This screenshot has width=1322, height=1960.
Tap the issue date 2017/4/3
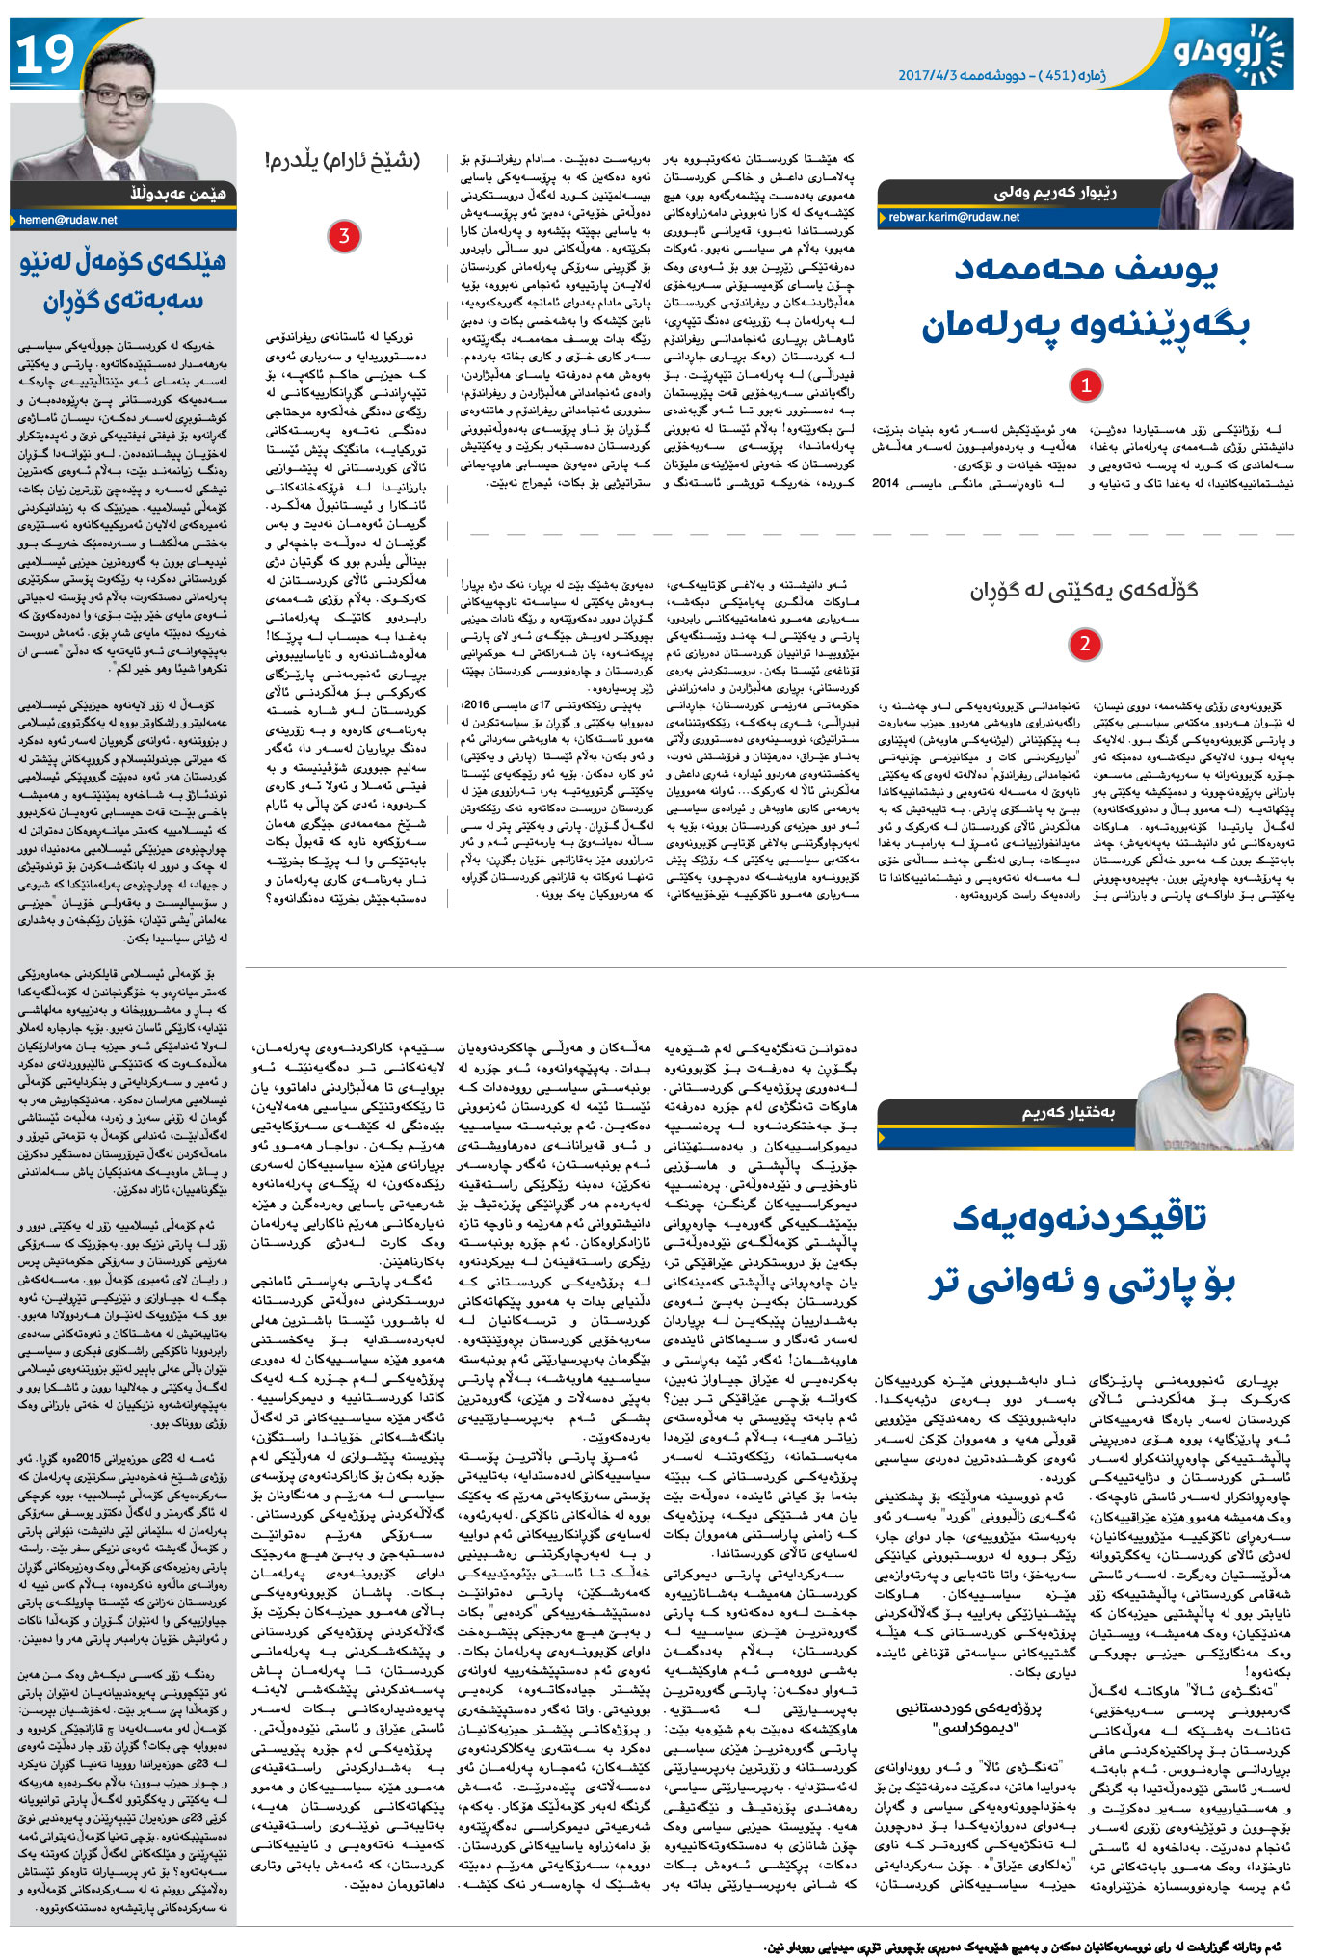point(926,75)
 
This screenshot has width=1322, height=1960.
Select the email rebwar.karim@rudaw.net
point(954,218)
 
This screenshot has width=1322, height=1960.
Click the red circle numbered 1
point(1086,385)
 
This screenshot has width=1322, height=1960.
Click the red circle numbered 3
point(344,236)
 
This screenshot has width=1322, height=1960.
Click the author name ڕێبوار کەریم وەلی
point(1055,193)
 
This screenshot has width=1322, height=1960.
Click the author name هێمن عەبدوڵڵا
point(179,194)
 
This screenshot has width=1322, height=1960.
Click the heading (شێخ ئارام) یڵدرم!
point(342,160)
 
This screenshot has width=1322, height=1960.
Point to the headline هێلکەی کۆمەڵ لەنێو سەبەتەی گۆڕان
point(122,280)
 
